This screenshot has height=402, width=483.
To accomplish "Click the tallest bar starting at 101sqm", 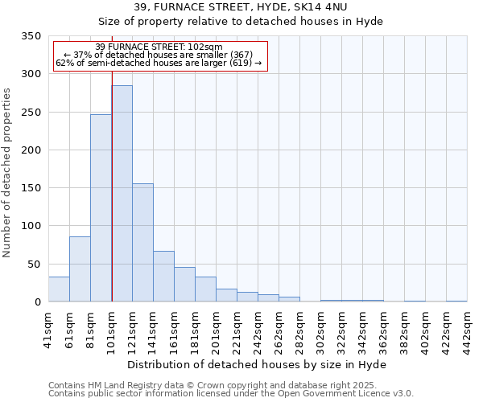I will [x=122, y=193].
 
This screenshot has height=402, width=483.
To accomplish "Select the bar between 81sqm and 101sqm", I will [x=101, y=208].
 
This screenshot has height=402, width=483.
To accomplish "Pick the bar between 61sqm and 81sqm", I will [x=80, y=269].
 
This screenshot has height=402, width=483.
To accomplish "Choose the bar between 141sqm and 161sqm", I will [x=163, y=277].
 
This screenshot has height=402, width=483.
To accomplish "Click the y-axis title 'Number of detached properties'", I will [x=7, y=173].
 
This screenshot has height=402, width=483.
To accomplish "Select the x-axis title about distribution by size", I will [x=257, y=364].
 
